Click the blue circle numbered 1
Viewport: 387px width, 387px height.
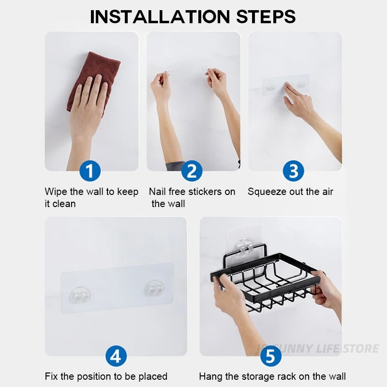click(90, 171)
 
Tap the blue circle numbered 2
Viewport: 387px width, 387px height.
click(192, 171)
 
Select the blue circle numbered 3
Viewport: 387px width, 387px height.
click(294, 171)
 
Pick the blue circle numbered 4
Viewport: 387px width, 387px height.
click(116, 356)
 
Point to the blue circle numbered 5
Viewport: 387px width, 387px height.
click(271, 356)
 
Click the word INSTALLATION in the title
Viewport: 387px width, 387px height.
click(160, 17)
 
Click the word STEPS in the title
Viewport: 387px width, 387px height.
click(266, 17)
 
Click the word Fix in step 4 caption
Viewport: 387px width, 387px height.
click(51, 376)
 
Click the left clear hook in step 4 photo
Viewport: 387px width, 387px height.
click(80, 295)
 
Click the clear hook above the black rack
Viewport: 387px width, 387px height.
click(243, 248)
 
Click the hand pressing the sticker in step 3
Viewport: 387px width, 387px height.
click(300, 100)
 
